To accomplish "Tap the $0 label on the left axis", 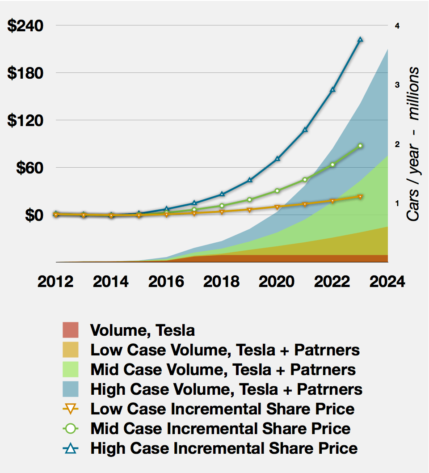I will [x=33, y=215].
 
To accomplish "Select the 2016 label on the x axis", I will [x=166, y=282].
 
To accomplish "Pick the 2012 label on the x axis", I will [x=55, y=282].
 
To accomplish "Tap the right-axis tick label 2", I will [x=397, y=144].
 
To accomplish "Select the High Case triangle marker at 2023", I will [x=361, y=40].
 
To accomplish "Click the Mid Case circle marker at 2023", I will [x=361, y=146].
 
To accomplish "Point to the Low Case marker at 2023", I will [x=361, y=196].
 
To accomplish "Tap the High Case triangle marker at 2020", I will [x=278, y=159].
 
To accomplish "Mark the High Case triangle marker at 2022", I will [x=333, y=90].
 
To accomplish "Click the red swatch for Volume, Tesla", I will [x=71, y=330].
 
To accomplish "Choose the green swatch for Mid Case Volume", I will [x=71, y=370].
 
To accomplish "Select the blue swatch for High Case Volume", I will [x=71, y=389].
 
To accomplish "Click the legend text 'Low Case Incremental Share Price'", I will [x=222, y=409].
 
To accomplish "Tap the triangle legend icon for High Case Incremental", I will [x=71, y=448].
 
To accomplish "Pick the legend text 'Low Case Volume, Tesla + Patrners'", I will [x=225, y=350].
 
